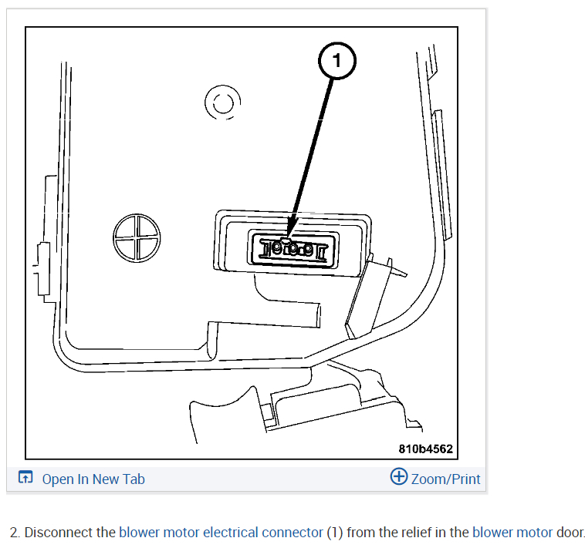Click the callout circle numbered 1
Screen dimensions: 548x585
(x=337, y=59)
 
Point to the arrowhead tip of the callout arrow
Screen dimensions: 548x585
(x=289, y=236)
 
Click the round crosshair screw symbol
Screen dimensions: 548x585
(x=137, y=237)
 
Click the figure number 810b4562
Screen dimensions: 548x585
(x=425, y=449)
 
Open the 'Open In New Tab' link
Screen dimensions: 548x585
(x=93, y=479)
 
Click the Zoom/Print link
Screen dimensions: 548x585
(x=445, y=479)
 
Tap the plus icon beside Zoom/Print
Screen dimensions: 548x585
(x=399, y=477)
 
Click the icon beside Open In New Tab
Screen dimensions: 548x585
(x=25, y=479)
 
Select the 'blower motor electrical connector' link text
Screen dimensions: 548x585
(x=220, y=532)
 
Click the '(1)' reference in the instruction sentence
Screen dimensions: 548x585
(x=334, y=532)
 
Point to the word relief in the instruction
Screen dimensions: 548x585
(x=415, y=532)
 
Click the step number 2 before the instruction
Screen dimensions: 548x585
(x=14, y=532)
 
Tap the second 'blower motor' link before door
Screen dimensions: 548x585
(x=512, y=532)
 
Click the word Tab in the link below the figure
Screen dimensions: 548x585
(x=134, y=479)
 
